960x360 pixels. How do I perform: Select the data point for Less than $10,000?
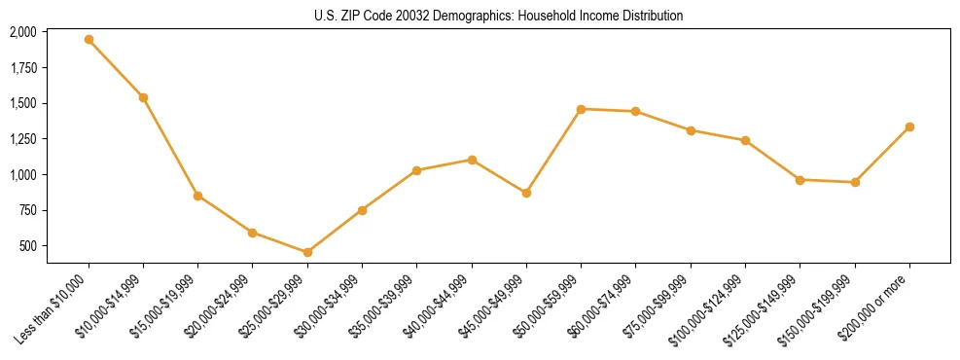point(89,40)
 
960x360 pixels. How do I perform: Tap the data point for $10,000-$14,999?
point(143,97)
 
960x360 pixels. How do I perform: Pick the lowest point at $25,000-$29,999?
point(307,252)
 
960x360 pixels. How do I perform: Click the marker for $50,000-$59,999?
point(581,109)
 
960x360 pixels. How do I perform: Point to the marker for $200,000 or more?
point(909,126)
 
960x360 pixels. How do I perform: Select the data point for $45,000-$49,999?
point(526,193)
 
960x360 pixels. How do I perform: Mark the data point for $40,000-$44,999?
point(472,160)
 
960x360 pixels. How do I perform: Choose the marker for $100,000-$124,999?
point(745,140)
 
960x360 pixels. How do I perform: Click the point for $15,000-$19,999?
point(197,196)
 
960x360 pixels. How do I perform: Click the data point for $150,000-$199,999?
point(855,182)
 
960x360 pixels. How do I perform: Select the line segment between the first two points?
point(116,69)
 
